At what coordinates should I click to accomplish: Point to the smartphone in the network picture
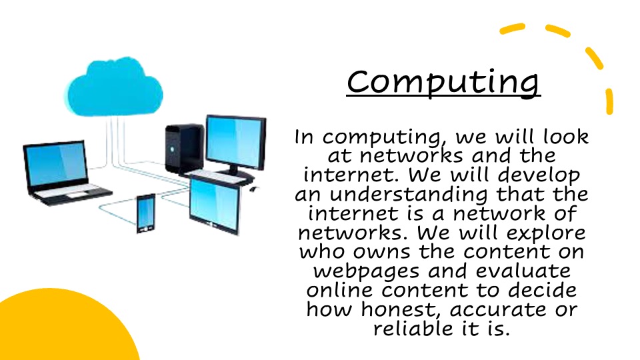(x=146, y=213)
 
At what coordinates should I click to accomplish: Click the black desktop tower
(x=185, y=149)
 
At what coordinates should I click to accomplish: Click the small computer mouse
(x=253, y=189)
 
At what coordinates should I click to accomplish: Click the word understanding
(x=408, y=194)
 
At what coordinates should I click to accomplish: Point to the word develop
(x=539, y=175)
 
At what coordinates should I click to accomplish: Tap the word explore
(x=546, y=233)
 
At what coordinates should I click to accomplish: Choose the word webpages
(x=366, y=272)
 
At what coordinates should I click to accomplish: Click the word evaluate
(x=523, y=271)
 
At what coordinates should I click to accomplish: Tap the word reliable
(x=413, y=329)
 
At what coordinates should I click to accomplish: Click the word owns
(x=381, y=252)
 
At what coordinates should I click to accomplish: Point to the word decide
(x=542, y=290)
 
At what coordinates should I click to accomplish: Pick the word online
(x=339, y=290)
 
